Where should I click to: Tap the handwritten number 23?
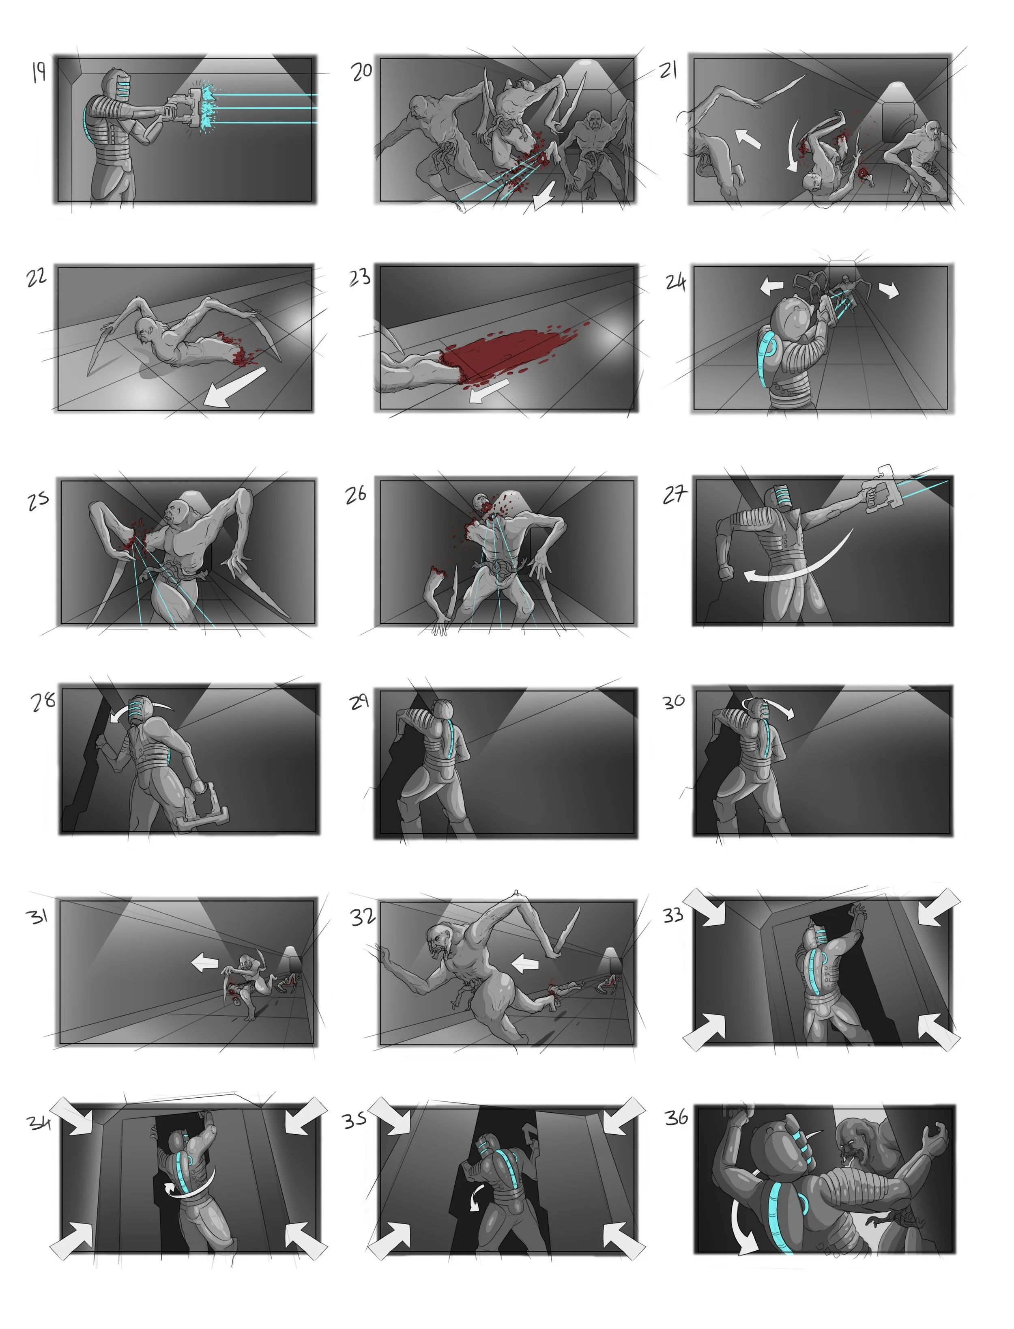(360, 277)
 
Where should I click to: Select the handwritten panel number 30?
(674, 701)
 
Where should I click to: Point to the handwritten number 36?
(676, 1117)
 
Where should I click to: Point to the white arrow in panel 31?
(205, 963)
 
